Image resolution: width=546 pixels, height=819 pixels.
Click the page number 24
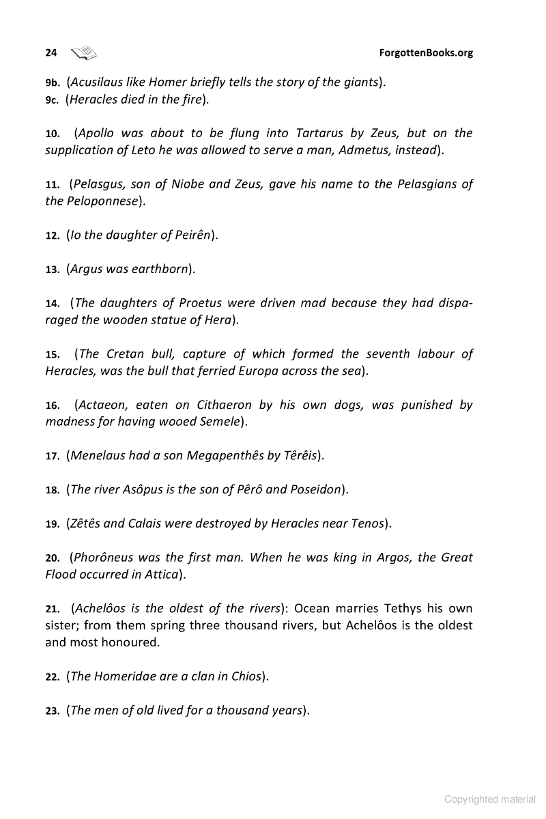coord(51,53)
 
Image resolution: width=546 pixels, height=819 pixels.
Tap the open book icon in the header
coord(84,52)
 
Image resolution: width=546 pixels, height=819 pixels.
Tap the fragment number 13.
coord(53,270)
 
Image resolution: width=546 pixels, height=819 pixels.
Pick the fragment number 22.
coord(53,677)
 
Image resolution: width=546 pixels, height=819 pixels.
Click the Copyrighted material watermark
coord(490,799)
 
